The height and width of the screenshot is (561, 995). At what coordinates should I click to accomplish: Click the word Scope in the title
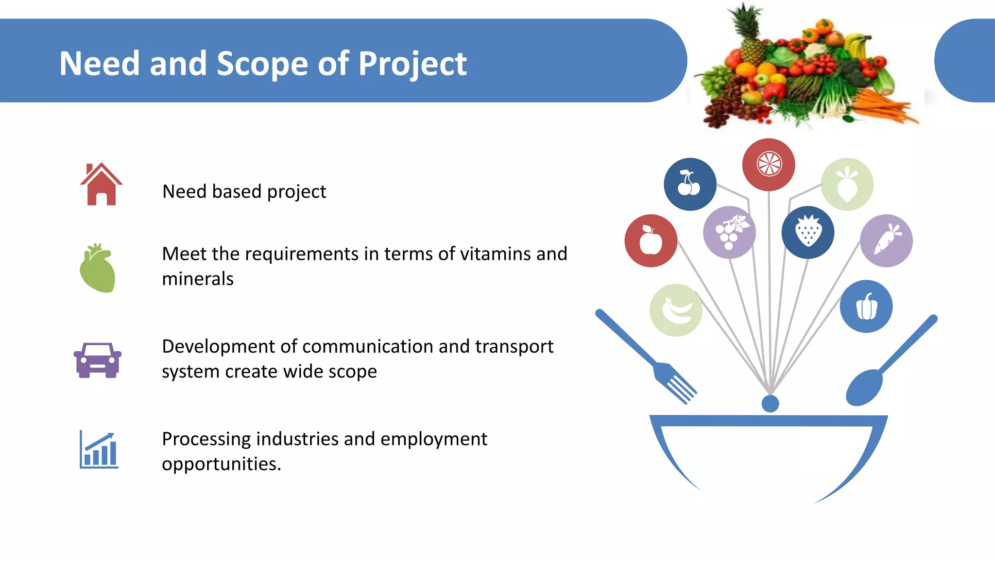pyautogui.click(x=262, y=64)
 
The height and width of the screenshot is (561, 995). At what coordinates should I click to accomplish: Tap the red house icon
pyautogui.click(x=101, y=185)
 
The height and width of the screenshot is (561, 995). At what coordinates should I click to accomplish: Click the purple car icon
pyautogui.click(x=98, y=360)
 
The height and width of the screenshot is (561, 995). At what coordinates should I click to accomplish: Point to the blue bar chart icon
pyautogui.click(x=99, y=450)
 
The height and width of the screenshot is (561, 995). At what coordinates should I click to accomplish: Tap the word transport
pyautogui.click(x=514, y=346)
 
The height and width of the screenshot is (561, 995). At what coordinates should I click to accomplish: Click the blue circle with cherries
pyautogui.click(x=689, y=184)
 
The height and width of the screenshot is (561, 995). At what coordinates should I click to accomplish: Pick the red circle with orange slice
pyautogui.click(x=769, y=164)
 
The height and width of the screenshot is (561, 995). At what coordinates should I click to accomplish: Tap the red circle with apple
pyautogui.click(x=651, y=240)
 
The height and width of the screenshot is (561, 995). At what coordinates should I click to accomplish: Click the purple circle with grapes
pyautogui.click(x=729, y=232)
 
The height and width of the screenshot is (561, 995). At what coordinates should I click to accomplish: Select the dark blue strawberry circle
pyautogui.click(x=807, y=232)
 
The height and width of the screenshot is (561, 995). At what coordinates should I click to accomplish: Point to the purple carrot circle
pyautogui.click(x=886, y=240)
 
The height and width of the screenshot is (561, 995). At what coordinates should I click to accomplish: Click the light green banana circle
pyautogui.click(x=676, y=310)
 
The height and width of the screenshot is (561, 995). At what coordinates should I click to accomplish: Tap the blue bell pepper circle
pyautogui.click(x=866, y=306)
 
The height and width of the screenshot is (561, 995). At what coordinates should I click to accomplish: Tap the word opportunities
pyautogui.click(x=222, y=464)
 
